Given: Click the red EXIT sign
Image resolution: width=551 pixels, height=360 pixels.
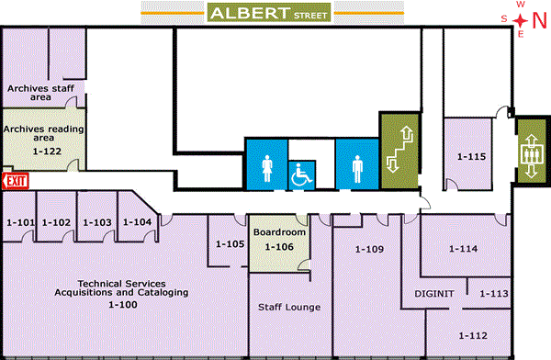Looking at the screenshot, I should pos(16,182).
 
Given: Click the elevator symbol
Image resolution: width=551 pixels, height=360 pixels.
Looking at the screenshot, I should pos(530,152).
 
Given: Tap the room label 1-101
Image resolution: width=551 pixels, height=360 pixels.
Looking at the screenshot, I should pos(20,222).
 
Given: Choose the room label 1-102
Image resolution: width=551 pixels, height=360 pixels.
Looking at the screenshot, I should pos(57,222).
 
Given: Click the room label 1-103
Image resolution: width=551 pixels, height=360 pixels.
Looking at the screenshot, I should pos(96,222).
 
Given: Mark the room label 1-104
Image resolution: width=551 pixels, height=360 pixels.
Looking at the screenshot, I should pos(137,222).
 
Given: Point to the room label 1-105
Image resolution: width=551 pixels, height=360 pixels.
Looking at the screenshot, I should pos(230,243).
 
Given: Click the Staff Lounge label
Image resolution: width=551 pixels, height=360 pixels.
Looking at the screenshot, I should pos(288,307).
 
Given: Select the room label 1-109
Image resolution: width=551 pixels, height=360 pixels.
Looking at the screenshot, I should pos(368,249).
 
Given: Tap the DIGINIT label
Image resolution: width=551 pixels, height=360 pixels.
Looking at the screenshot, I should pos(432,295).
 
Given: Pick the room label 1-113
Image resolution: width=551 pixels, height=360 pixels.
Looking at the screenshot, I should pos(494,294).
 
